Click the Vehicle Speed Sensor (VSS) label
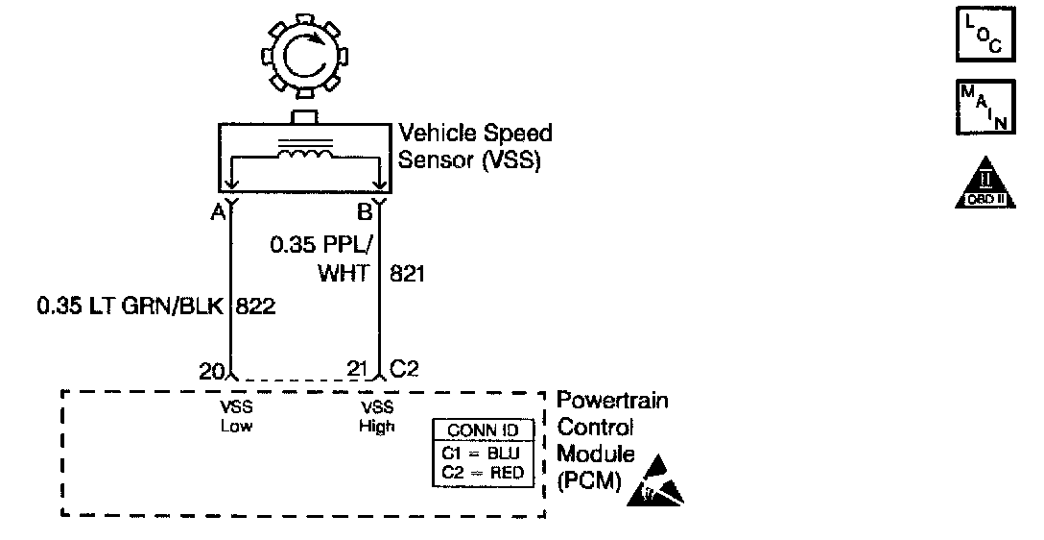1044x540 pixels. [x=475, y=146]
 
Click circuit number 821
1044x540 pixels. [x=406, y=274]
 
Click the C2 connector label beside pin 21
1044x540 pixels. [x=403, y=369]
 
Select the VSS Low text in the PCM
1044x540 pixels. [x=236, y=416]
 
